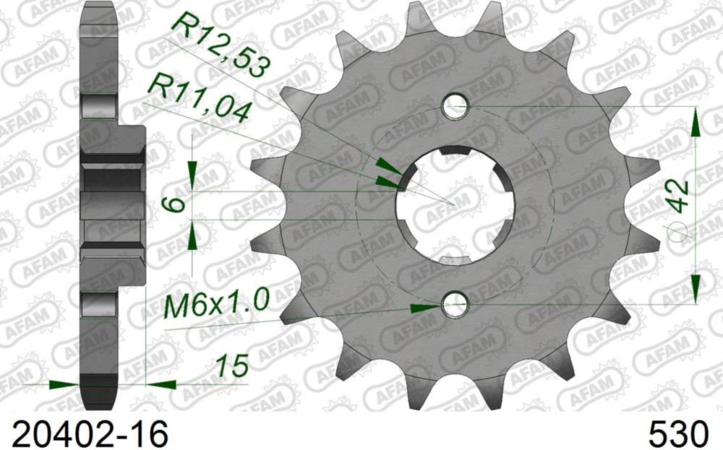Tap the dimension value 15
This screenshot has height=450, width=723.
233,365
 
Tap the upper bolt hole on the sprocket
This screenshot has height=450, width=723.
455,108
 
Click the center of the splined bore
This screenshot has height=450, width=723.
455,207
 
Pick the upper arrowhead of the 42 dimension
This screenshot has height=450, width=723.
696,123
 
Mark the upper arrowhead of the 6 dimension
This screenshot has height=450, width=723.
192,174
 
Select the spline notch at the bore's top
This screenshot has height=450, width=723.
455,150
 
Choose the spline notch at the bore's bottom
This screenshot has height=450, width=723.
455,261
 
